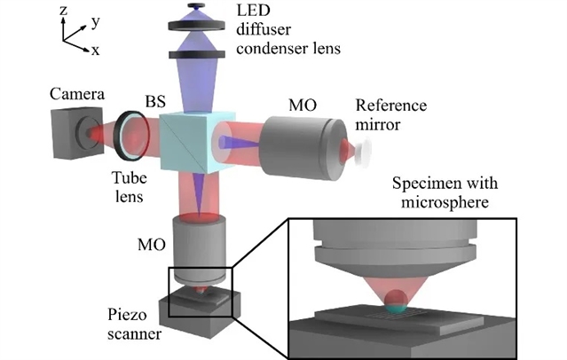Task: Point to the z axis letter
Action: coord(62,12)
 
